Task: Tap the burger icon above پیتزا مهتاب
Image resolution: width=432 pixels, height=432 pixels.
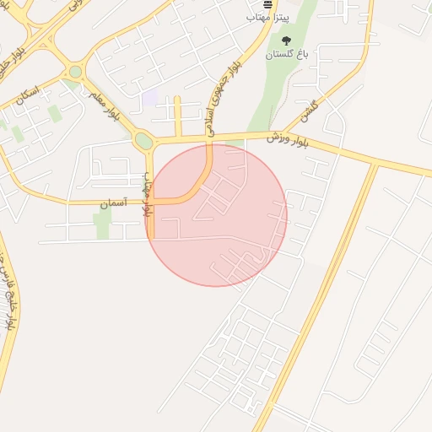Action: click(x=267, y=3)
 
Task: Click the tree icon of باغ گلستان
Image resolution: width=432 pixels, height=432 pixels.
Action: click(x=286, y=40)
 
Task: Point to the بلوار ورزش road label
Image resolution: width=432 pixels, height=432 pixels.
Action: click(x=289, y=139)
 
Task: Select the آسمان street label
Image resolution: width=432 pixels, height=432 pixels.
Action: click(x=115, y=203)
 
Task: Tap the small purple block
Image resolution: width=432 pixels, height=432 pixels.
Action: click(x=150, y=98)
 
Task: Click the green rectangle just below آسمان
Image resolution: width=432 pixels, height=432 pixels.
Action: click(x=103, y=224)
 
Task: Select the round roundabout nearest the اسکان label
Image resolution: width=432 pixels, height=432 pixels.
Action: click(x=75, y=73)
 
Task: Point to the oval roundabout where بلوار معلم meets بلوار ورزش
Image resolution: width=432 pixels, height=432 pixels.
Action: click(x=144, y=141)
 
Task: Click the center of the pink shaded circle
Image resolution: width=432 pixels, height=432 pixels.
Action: click(x=216, y=215)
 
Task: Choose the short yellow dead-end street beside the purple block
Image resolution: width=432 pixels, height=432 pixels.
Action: click(x=177, y=114)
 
